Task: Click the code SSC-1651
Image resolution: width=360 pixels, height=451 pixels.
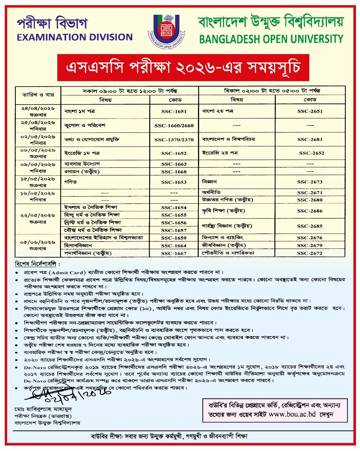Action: tap(174, 111)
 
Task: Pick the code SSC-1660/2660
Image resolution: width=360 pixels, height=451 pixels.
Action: tap(174, 126)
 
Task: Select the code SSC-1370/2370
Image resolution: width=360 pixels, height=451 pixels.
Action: tap(174, 140)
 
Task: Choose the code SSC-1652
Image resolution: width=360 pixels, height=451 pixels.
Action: tap(174, 153)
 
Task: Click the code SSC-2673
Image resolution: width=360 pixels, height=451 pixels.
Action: tap(310, 182)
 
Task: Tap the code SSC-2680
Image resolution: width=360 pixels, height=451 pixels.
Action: tap(310, 200)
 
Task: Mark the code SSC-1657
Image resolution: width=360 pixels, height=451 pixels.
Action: tap(174, 230)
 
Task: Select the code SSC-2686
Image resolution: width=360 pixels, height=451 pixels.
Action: tap(310, 211)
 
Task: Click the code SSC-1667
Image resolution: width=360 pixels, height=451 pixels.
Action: tap(174, 253)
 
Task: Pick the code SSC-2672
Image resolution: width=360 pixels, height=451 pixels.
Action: tap(310, 253)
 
